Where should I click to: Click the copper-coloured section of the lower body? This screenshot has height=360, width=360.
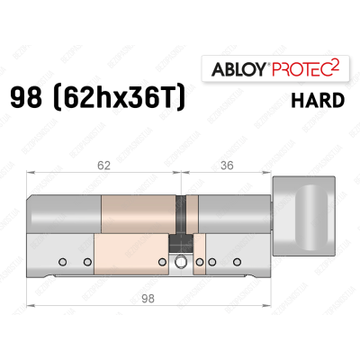tap(130, 256)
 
